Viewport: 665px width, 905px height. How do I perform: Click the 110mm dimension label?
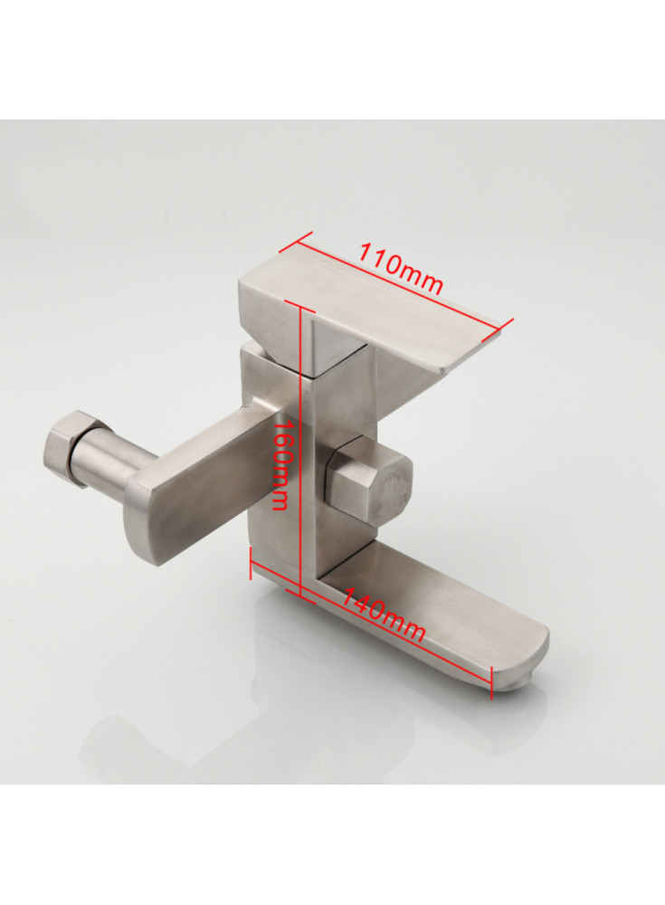click(x=401, y=268)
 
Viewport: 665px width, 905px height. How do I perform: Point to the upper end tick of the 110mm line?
click(x=295, y=243)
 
